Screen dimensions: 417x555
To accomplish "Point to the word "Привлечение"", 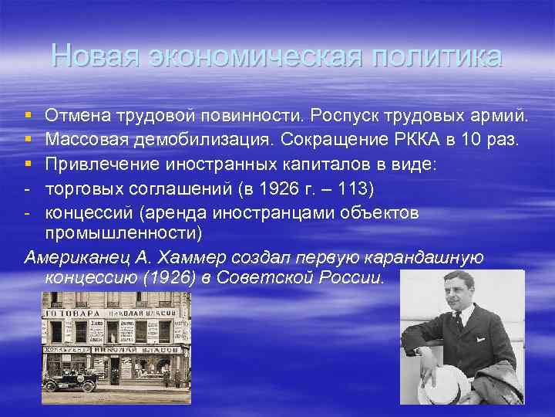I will click(x=99, y=164).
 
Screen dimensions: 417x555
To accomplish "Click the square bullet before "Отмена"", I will click(x=29, y=117).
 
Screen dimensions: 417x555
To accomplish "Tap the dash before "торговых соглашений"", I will click(x=27, y=188).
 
